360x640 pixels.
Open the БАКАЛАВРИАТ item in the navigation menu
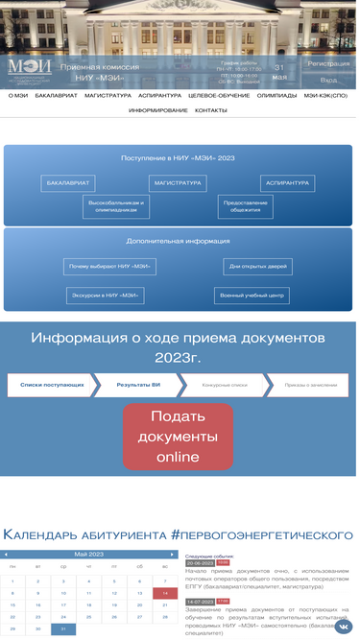55,96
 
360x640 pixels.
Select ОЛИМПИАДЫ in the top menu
276,96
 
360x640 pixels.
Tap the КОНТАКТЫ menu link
211,110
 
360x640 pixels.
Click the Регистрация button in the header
328,64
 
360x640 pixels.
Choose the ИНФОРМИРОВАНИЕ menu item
158,110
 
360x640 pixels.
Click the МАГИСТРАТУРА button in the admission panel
178,182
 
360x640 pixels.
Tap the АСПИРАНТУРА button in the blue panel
287,182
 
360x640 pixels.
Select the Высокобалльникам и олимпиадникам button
115,206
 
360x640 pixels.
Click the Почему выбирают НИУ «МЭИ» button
111,267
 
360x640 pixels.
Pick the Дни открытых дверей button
257,267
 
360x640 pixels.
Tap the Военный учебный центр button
251,296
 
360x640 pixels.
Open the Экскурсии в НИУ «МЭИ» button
105,296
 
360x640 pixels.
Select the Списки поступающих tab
52,385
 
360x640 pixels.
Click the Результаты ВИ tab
138,385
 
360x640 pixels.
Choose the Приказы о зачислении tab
311,385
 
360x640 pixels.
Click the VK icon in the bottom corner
343,626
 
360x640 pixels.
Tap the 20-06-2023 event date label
200,563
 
